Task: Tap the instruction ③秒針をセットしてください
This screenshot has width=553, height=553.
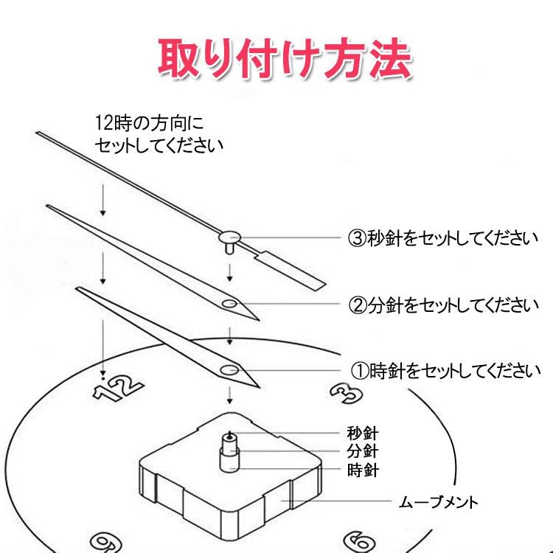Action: [443, 238]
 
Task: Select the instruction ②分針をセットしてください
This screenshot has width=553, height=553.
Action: [443, 304]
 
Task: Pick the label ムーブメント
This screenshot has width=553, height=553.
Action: [439, 503]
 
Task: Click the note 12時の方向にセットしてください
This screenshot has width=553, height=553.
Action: [159, 133]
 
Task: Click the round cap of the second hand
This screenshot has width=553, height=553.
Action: [231, 237]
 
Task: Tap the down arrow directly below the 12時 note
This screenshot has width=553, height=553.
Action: [103, 201]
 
